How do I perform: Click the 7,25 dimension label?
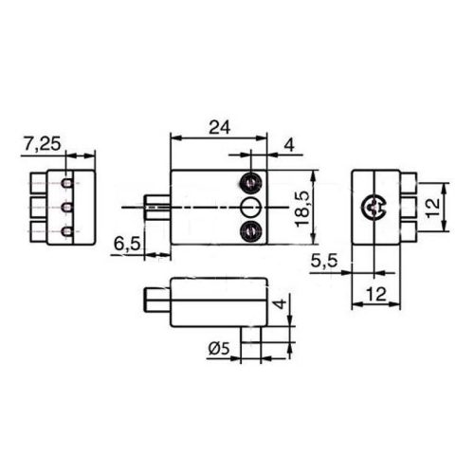(x=42, y=143)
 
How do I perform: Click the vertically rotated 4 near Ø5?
(x=278, y=304)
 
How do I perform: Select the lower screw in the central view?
(x=252, y=229)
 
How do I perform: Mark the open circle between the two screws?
(x=251, y=207)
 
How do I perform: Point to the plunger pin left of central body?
(x=156, y=206)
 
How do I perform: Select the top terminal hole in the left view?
(x=66, y=182)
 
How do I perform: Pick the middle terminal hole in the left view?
(x=66, y=207)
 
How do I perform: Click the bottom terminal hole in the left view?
(x=66, y=231)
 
